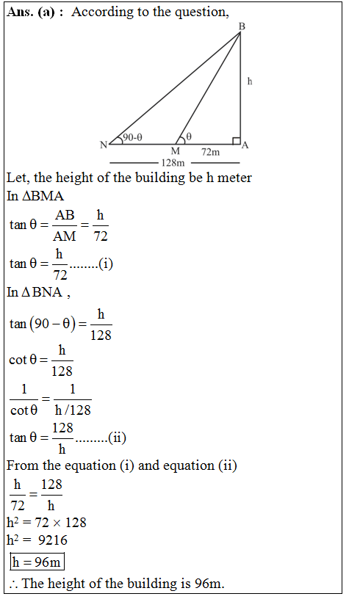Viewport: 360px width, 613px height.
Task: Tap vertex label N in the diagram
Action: point(104,145)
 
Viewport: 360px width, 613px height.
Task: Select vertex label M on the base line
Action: point(175,150)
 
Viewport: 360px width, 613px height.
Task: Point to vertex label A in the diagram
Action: point(245,145)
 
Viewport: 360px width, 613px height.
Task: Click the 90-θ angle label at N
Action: point(132,137)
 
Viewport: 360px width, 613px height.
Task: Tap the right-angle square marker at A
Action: point(236,139)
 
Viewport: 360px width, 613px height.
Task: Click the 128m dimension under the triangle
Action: point(175,162)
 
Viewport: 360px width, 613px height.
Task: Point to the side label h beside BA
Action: point(250,81)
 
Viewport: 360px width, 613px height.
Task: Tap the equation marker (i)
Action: point(106,264)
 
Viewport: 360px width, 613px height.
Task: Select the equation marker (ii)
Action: point(117,438)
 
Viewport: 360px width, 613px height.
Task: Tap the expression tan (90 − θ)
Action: point(43,324)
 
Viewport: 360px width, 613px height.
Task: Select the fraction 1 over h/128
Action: point(73,400)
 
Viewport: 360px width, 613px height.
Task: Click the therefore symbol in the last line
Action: point(15,584)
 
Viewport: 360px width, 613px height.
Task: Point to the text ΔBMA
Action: point(43,197)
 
